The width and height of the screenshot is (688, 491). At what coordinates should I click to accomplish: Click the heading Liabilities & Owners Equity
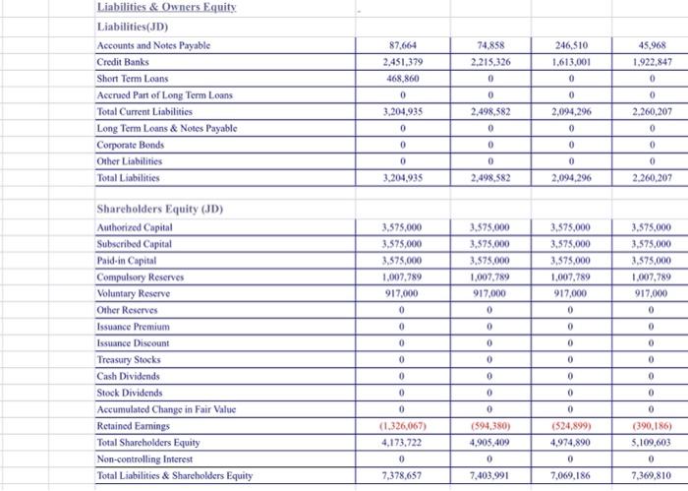tap(170, 8)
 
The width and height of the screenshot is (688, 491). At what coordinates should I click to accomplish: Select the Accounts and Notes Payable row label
tap(152, 45)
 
